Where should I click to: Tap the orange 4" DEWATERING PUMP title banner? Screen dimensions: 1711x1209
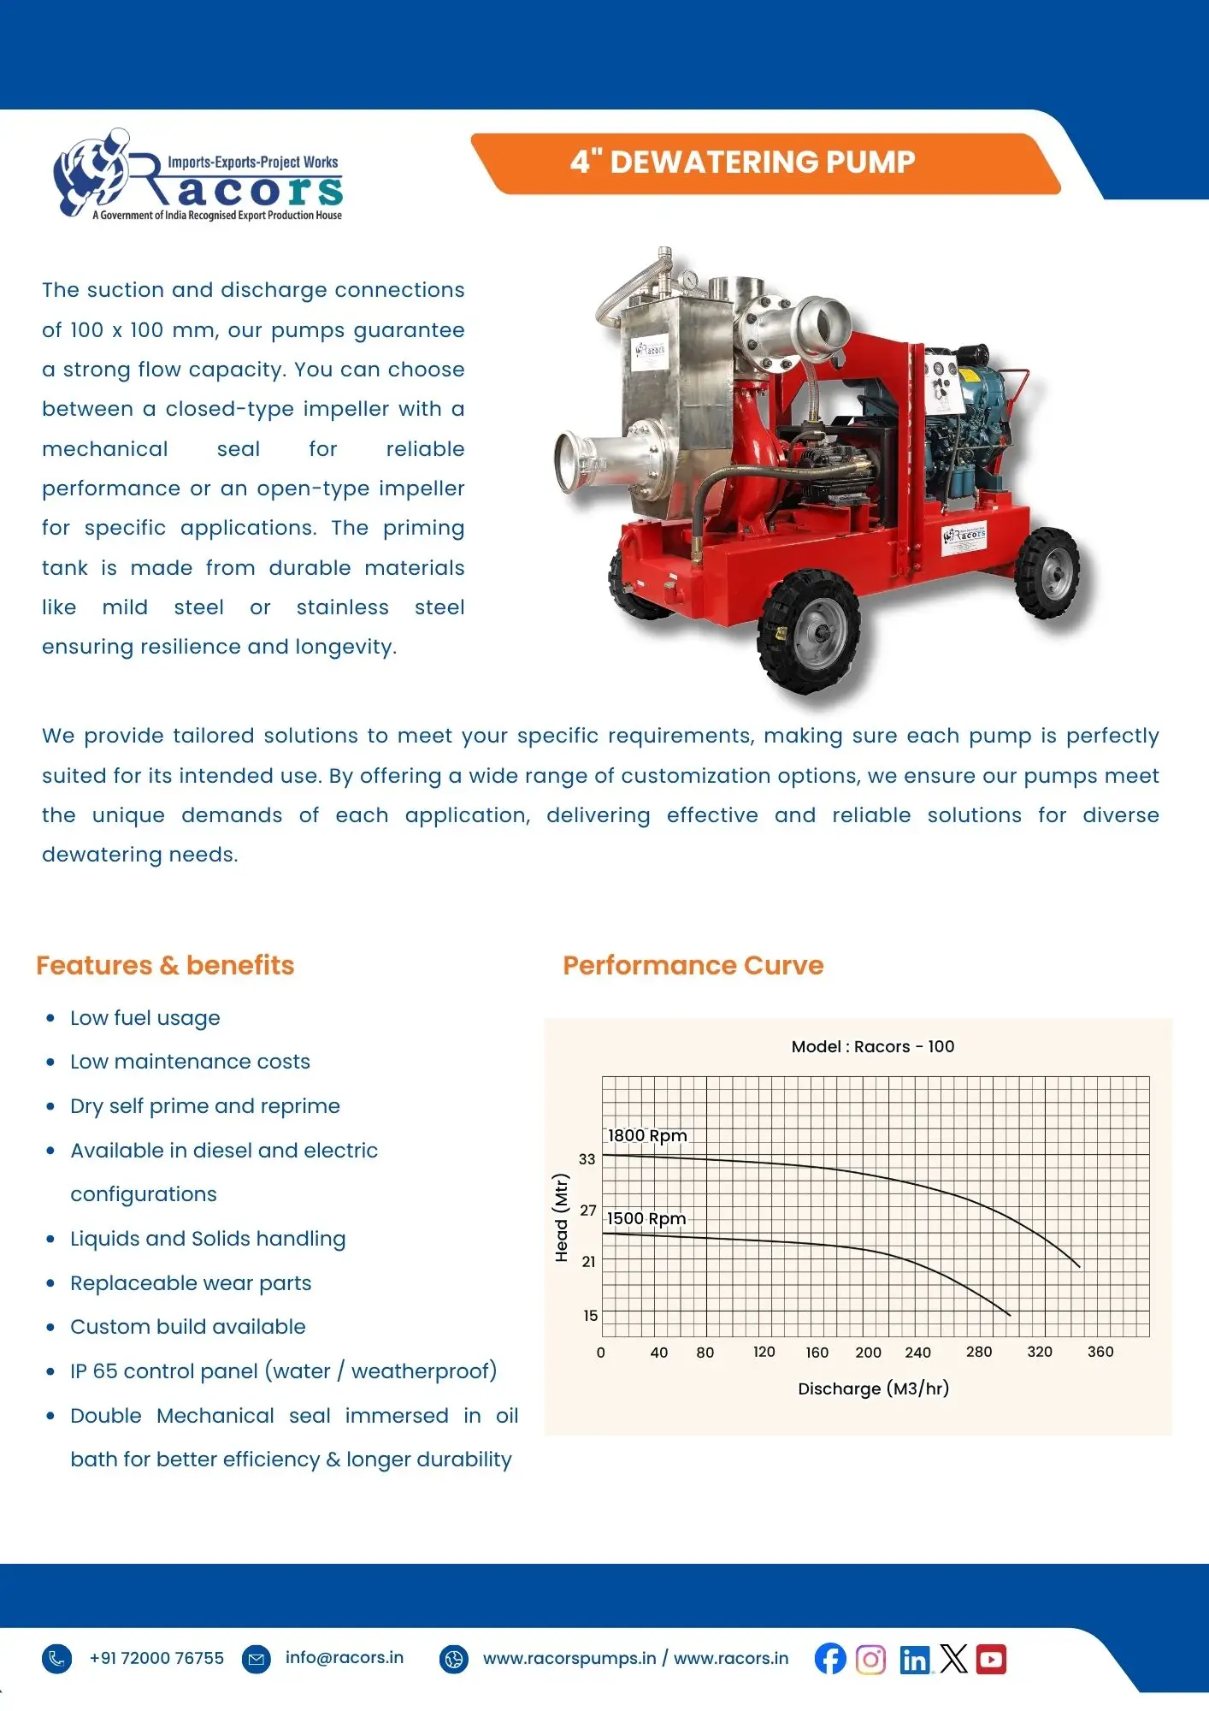[742, 162]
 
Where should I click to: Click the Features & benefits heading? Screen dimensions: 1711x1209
[165, 965]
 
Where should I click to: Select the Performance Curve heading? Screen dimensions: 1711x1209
[693, 965]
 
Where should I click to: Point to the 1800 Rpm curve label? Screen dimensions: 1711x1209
[647, 1135]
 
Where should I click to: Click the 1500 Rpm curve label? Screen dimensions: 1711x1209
[646, 1218]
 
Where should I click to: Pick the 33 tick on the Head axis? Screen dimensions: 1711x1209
[587, 1159]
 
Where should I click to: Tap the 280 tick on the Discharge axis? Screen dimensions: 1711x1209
[979, 1352]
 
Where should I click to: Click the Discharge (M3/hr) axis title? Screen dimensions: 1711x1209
[873, 1388]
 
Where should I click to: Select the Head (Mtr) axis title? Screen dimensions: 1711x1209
[562, 1217]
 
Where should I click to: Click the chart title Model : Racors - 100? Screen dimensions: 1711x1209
[872, 1046]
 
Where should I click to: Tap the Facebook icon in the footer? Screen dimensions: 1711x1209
[829, 1659]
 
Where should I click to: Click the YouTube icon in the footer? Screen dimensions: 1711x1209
[991, 1659]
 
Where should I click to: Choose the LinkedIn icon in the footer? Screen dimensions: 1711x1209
[914, 1660]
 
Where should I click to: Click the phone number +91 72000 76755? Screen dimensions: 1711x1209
[156, 1658]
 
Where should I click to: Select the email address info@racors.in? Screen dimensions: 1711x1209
[344, 1657]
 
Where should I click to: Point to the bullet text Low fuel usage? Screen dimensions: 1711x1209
[145, 1018]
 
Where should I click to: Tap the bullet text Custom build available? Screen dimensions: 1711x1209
[188, 1327]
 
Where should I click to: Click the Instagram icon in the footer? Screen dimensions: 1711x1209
[870, 1659]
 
